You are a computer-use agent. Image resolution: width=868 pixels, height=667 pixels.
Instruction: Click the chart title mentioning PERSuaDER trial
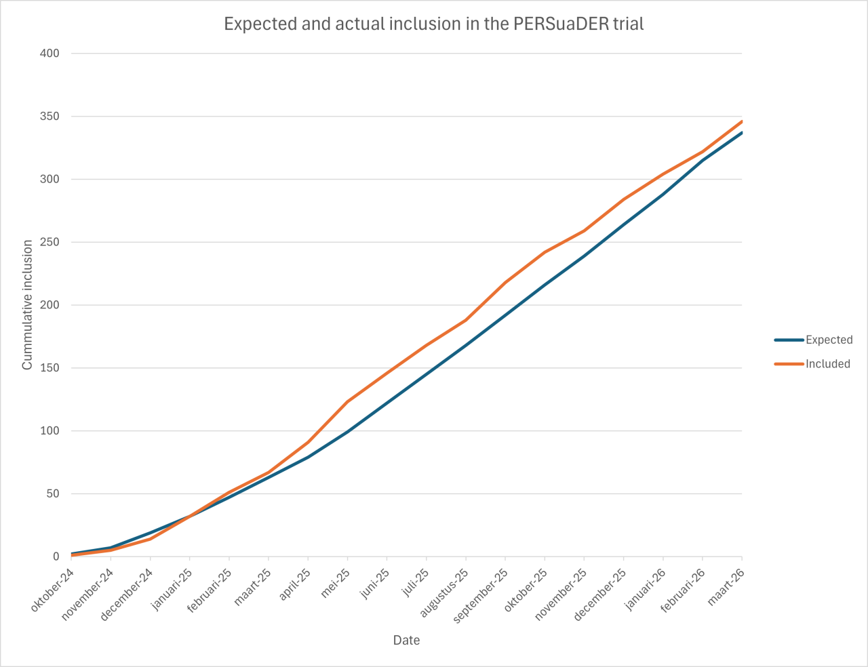tap(433, 24)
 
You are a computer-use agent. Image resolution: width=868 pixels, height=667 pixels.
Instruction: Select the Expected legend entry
tap(829, 340)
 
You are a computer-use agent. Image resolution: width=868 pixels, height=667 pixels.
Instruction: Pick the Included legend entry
tap(827, 364)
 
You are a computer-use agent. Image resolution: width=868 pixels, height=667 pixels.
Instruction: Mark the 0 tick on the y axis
tap(56, 557)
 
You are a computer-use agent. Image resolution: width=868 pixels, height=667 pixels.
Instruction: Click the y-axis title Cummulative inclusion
tap(27, 305)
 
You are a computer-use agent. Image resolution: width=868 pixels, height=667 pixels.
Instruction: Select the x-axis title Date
tap(406, 640)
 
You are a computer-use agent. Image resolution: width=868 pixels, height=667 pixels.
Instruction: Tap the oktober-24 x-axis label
tap(53, 590)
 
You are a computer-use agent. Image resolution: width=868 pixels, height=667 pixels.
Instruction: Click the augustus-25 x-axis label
tap(445, 593)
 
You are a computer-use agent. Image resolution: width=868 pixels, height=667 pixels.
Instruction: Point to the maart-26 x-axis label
tap(727, 587)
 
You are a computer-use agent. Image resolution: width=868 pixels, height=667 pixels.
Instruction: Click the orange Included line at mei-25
tap(347, 402)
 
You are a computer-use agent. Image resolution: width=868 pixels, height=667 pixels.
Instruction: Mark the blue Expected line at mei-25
tap(347, 432)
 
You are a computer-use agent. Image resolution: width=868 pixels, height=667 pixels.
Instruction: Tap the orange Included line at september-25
tap(505, 283)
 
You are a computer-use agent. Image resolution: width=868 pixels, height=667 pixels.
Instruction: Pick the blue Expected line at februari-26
tap(703, 161)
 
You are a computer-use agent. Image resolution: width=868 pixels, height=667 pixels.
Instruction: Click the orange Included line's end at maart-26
tap(741, 121)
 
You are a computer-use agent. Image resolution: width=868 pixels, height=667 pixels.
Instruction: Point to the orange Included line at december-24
tap(150, 539)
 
